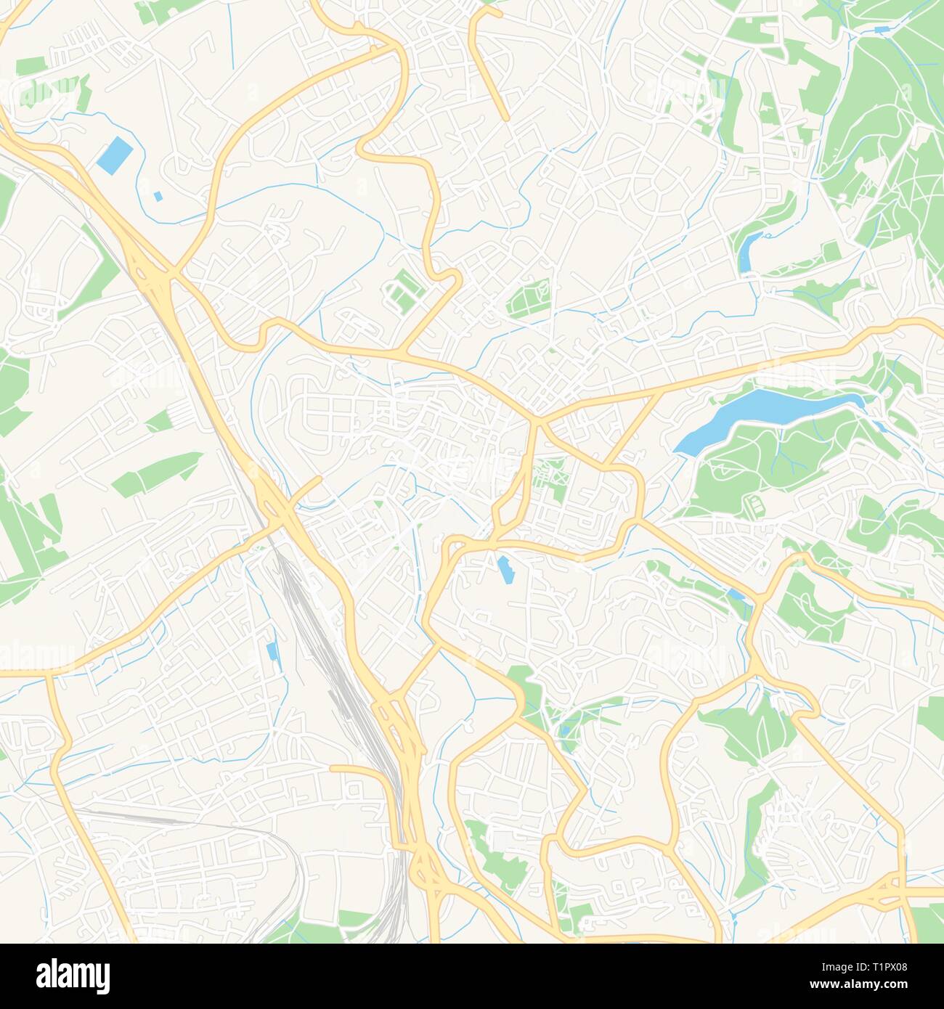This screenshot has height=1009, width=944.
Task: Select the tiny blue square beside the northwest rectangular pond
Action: pos(158,196)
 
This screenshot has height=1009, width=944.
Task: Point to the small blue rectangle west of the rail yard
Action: pos(272,651)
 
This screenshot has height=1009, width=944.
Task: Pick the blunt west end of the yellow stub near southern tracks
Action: pos(333,767)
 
